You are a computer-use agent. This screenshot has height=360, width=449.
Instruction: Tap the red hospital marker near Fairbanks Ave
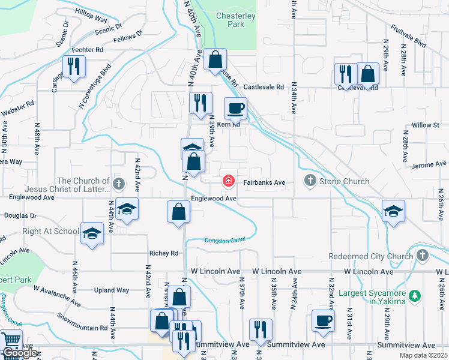(228, 181)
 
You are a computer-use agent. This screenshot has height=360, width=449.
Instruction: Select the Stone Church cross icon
(310, 180)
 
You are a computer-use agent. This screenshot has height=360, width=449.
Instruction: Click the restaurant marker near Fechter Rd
(73, 67)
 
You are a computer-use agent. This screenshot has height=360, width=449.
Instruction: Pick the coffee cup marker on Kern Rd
(235, 109)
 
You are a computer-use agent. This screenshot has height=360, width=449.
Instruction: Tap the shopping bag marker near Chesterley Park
(215, 59)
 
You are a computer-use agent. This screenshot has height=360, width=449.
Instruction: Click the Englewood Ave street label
(214, 198)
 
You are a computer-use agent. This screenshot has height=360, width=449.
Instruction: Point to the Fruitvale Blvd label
(408, 36)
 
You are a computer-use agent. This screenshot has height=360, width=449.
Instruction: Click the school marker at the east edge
(393, 211)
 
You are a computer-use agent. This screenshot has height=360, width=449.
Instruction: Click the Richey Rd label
(166, 253)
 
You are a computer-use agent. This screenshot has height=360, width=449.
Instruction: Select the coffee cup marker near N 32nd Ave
(323, 320)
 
